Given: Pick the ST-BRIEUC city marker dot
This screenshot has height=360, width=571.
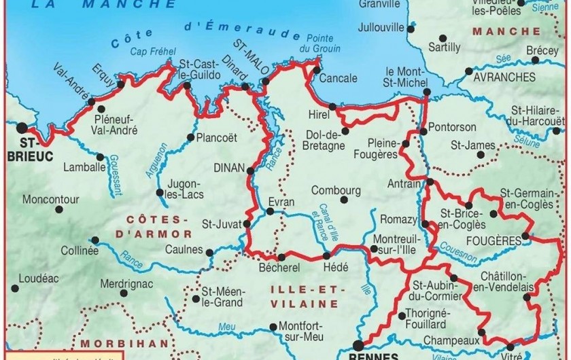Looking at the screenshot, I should click(x=22, y=126).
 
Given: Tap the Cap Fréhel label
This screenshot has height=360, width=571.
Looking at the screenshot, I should click(x=150, y=52).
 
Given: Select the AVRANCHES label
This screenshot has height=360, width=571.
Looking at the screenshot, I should click(x=504, y=77).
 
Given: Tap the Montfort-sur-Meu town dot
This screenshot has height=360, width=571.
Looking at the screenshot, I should click(x=273, y=327).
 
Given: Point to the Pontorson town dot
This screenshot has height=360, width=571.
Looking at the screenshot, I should click(x=423, y=131).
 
